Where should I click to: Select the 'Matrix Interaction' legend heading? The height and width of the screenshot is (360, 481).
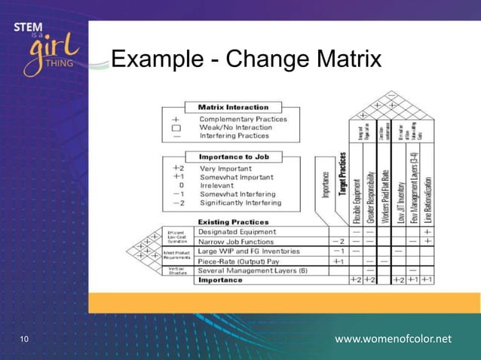click(232, 107)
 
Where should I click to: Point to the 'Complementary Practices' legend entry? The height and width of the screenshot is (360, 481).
click(243, 119)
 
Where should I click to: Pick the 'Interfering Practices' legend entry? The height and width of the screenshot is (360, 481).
click(234, 136)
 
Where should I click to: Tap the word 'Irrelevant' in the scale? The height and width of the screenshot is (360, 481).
click(217, 185)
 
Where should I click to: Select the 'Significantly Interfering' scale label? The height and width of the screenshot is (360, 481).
click(240, 203)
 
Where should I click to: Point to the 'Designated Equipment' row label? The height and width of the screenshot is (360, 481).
click(236, 232)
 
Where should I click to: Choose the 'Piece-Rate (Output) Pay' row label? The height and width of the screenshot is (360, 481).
click(243, 261)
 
